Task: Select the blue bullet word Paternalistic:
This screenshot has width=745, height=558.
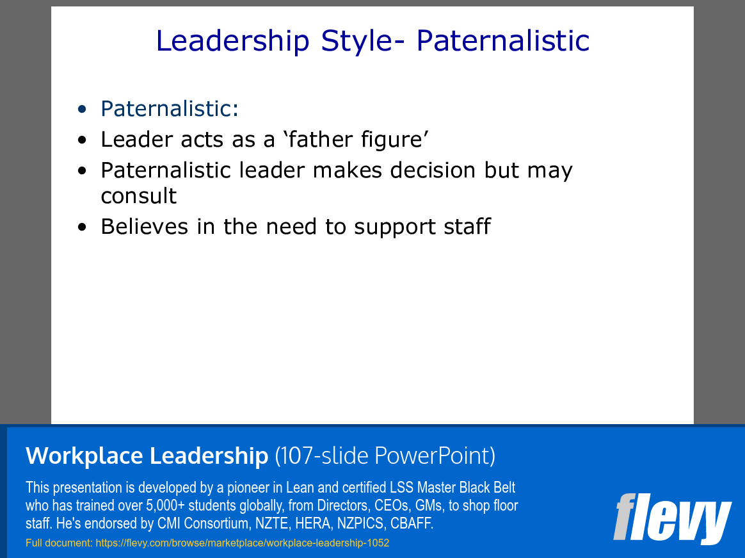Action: pyautogui.click(x=170, y=109)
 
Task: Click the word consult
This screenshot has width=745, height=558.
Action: pyautogui.click(x=139, y=196)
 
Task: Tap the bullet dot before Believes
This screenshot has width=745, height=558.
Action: pyautogui.click(x=81, y=227)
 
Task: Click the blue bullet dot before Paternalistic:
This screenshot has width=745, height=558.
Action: pyautogui.click(x=81, y=110)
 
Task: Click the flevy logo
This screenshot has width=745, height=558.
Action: pyautogui.click(x=671, y=518)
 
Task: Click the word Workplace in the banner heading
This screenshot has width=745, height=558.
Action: pyautogui.click(x=84, y=456)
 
